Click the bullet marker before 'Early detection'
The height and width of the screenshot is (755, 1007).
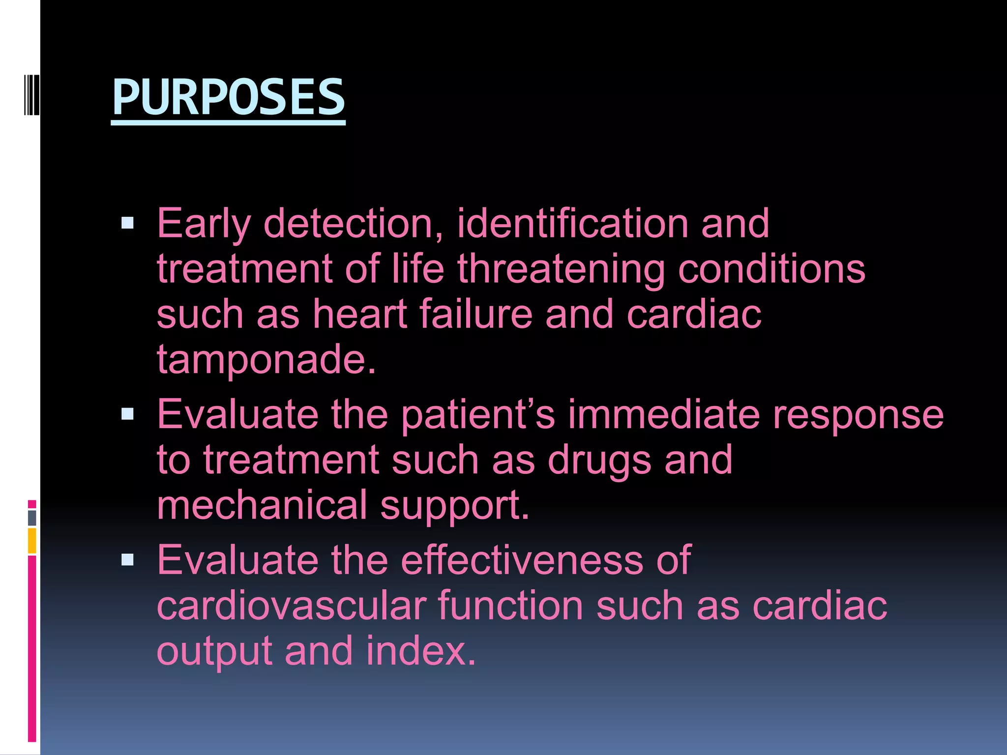click(x=127, y=224)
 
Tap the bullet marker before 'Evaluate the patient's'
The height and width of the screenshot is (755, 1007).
click(x=127, y=414)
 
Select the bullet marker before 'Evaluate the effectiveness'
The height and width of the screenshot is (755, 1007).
click(x=127, y=559)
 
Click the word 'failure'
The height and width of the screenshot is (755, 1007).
click(x=475, y=314)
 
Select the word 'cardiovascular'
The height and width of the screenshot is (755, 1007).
click(x=292, y=606)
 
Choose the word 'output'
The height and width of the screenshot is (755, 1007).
click(x=214, y=651)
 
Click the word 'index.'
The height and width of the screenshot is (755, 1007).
click(x=421, y=650)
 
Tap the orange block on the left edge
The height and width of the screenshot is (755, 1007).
click(x=32, y=541)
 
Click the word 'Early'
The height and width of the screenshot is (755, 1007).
click(x=204, y=224)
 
